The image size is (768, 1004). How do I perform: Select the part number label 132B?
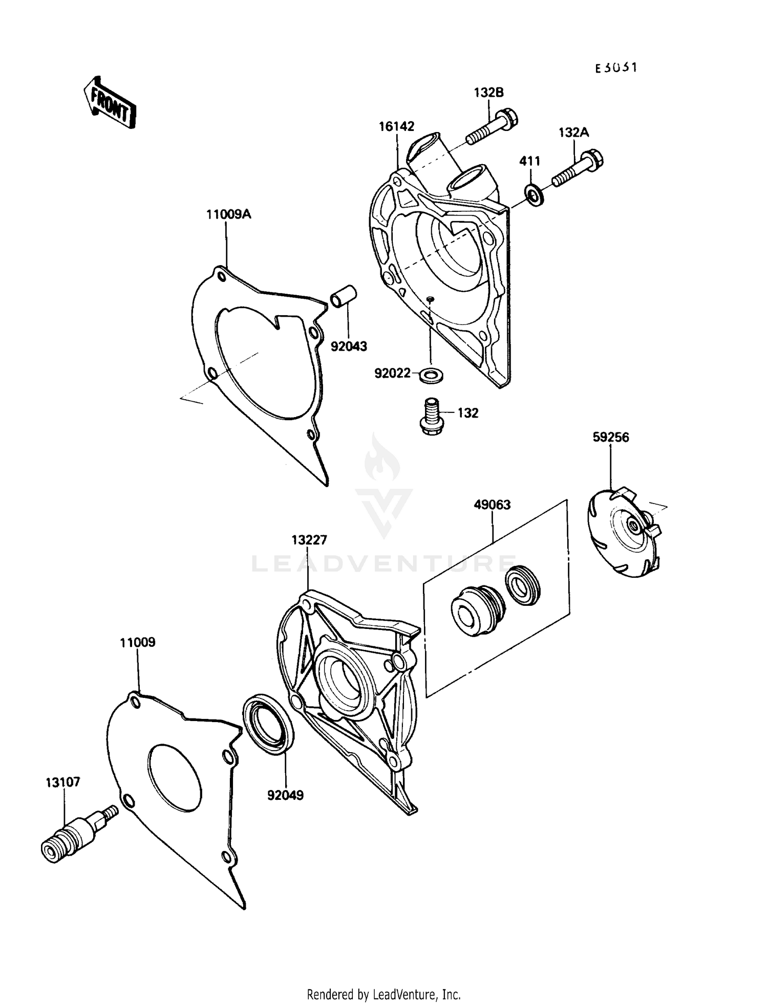pyautogui.click(x=488, y=93)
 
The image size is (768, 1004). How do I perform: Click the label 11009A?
pyautogui.click(x=228, y=214)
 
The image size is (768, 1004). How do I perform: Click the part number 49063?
pyautogui.click(x=492, y=505)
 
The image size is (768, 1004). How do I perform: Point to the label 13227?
pyautogui.click(x=309, y=540)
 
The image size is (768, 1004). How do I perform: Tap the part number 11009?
pyautogui.click(x=138, y=642)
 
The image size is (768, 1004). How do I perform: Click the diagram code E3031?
pyautogui.click(x=616, y=68)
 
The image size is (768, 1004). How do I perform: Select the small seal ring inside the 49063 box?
pyautogui.click(x=523, y=585)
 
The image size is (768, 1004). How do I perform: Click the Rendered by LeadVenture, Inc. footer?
pyautogui.click(x=383, y=994)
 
